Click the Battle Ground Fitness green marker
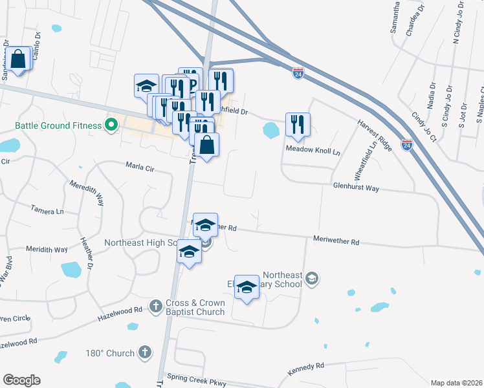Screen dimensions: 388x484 [x=111, y=124]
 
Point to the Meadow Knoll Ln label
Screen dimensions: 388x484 [x=313, y=149]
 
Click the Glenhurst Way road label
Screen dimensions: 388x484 [x=356, y=188]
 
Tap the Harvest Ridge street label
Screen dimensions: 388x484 [x=375, y=136]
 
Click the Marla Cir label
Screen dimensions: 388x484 [x=140, y=168]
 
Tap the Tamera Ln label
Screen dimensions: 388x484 [x=48, y=210]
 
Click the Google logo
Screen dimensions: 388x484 [x=21, y=380]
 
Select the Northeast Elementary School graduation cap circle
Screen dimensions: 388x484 [x=312, y=278]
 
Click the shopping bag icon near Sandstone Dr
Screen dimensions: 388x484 [x=19, y=59]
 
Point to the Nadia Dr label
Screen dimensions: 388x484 [x=431, y=94]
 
